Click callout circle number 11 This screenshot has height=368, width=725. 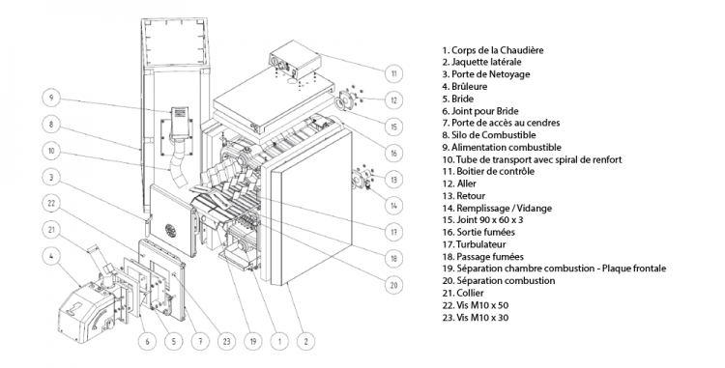(x=394, y=73)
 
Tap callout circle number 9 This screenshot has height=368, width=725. (x=51, y=98)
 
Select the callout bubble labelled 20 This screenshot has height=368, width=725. (x=394, y=285)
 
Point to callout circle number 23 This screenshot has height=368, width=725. (x=226, y=342)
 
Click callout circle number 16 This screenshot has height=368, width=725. (x=394, y=153)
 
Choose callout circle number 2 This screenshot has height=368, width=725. (x=305, y=342)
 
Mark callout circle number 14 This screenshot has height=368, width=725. (x=394, y=206)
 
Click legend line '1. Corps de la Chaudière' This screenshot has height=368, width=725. (x=493, y=50)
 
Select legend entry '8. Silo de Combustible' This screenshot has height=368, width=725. (x=489, y=135)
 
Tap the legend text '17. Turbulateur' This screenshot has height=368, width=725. (x=474, y=244)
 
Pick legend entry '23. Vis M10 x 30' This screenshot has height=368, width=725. (x=476, y=317)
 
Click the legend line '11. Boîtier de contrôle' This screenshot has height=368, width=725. (x=488, y=171)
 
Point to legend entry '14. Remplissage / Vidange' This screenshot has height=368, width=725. (x=497, y=208)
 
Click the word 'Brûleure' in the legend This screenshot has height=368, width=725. (x=469, y=86)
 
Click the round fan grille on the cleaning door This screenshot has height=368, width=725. (x=171, y=230)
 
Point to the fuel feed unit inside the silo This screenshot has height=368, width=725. (x=180, y=123)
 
